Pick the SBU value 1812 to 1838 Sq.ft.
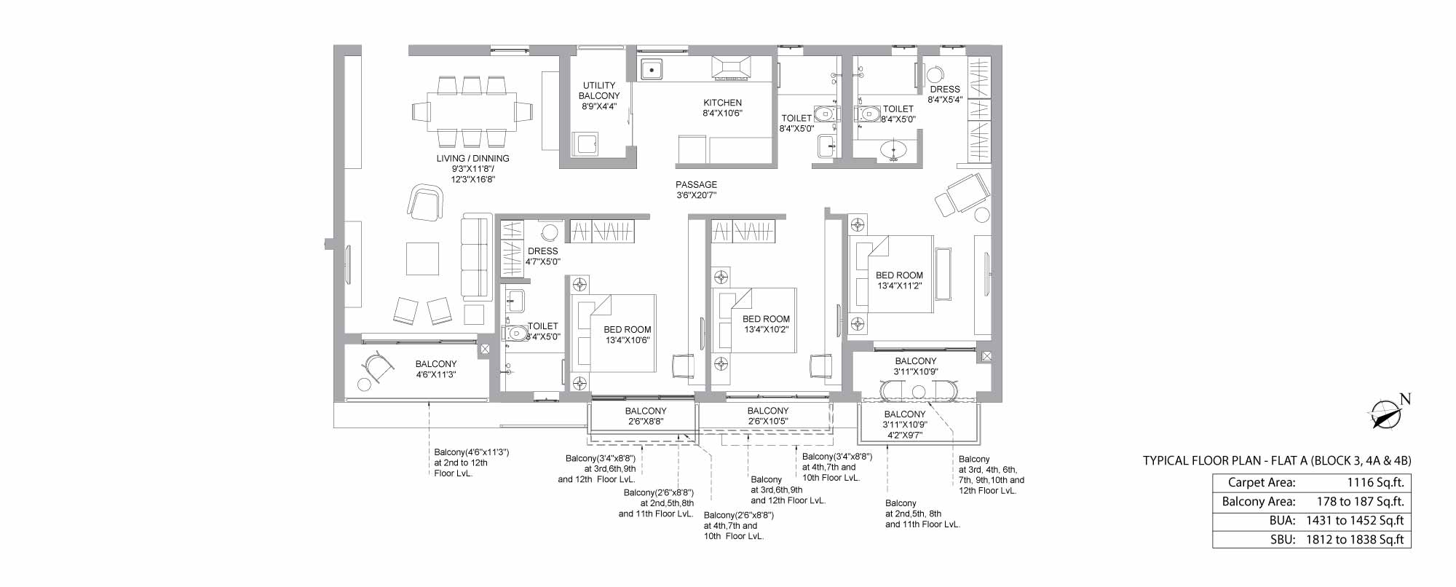[x=1361, y=540]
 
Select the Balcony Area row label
[x=1259, y=501]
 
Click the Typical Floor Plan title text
[x=1277, y=460]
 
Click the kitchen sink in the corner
[x=652, y=68]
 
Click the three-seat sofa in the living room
[x=476, y=257]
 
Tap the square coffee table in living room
[x=422, y=259]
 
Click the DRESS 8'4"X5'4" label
[x=945, y=94]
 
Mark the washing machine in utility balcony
[x=585, y=143]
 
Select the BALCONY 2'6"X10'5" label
[x=768, y=416]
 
